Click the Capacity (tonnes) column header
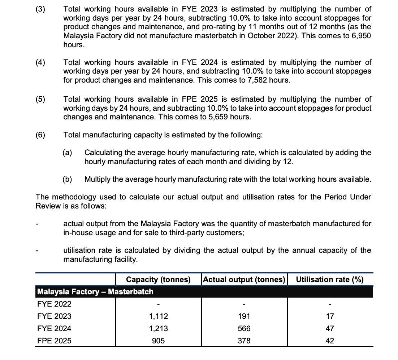point(158,280)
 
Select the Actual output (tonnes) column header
point(244,280)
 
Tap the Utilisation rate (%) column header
point(330,280)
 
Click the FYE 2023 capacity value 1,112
point(158,316)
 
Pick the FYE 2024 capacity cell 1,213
point(158,329)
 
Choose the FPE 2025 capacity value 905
point(158,341)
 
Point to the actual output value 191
point(244,316)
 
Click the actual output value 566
point(244,329)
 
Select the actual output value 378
point(244,341)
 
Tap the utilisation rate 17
point(330,316)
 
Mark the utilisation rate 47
point(330,329)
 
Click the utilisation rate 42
point(330,341)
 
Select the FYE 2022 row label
point(54,304)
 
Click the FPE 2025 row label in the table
point(54,341)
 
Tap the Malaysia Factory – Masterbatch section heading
point(95,292)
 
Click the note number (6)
point(40,135)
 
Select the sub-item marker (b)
point(67,179)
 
